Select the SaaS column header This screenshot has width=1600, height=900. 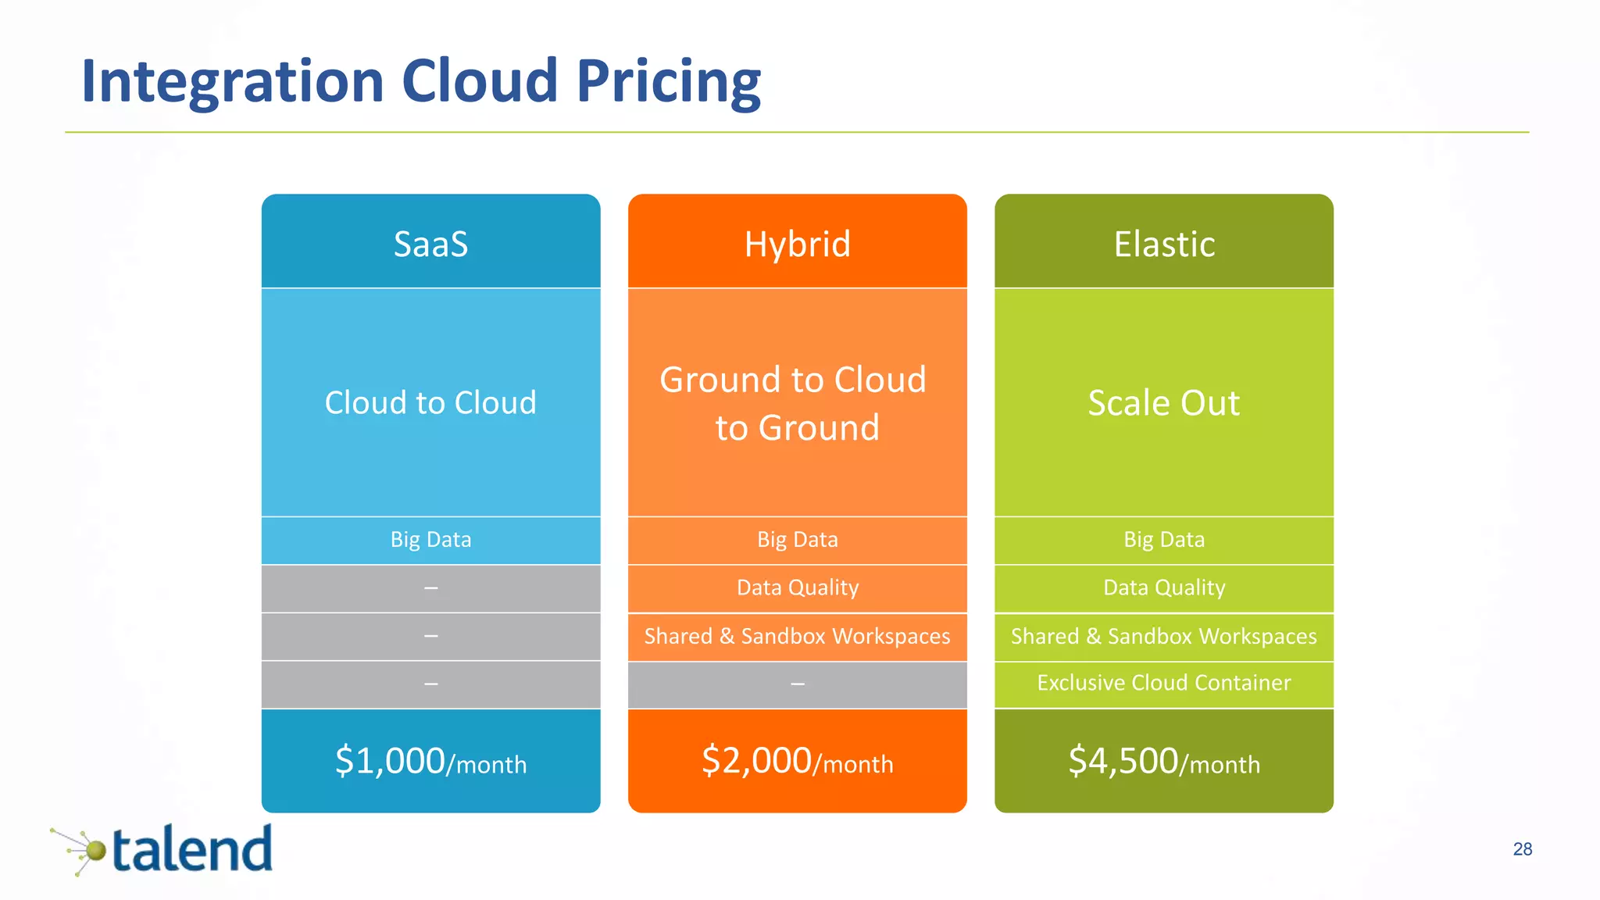(x=430, y=244)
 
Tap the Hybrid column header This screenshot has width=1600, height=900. (x=797, y=244)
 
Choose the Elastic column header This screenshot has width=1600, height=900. (x=1164, y=244)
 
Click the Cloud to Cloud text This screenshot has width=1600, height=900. (x=430, y=403)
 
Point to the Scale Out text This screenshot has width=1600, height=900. (x=1164, y=403)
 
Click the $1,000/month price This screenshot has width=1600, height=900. (x=430, y=761)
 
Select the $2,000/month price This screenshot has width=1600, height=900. (x=797, y=761)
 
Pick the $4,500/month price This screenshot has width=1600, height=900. (x=1164, y=761)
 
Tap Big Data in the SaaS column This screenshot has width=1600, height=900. (x=430, y=540)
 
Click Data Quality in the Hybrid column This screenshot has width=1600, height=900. (x=797, y=587)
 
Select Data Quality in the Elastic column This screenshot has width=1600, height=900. (x=1164, y=587)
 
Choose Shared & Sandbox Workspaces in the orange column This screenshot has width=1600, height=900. (x=797, y=636)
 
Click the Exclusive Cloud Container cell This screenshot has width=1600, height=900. (x=1164, y=683)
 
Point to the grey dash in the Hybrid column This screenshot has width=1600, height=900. (x=797, y=684)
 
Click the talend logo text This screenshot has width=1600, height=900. (x=192, y=850)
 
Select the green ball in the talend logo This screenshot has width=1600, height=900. (x=95, y=851)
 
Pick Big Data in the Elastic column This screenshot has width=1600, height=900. (x=1164, y=540)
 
